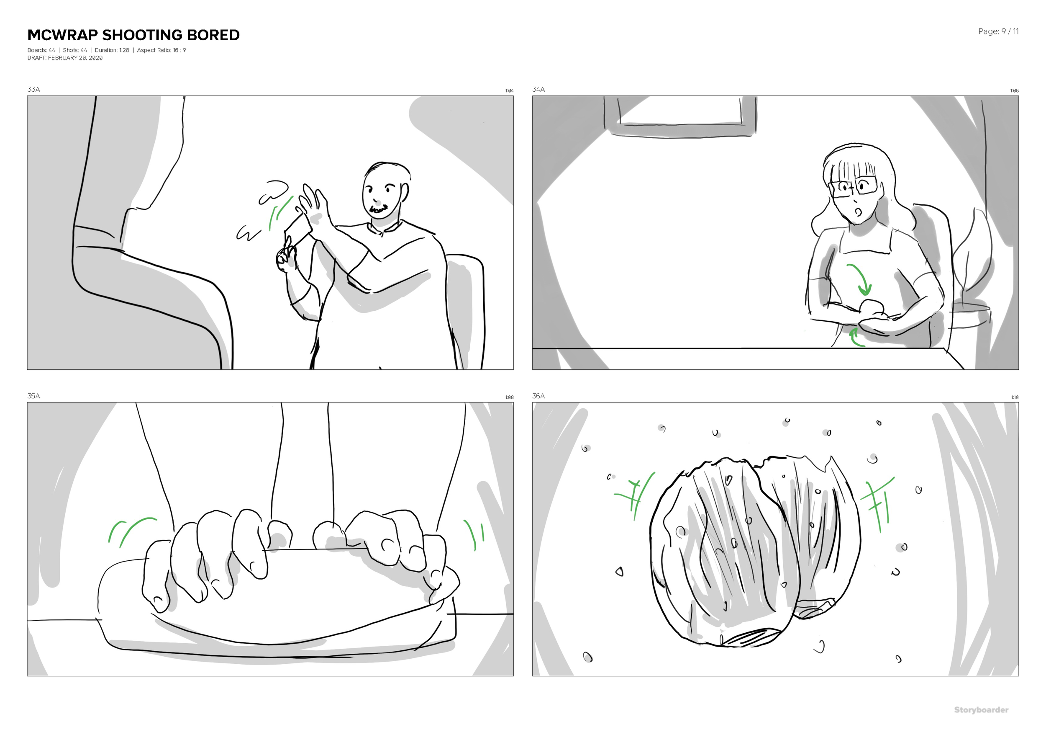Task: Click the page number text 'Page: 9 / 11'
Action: (x=998, y=31)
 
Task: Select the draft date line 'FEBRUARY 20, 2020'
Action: (x=75, y=58)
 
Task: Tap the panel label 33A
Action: (x=33, y=89)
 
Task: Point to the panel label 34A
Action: (x=538, y=89)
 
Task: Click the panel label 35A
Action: (x=33, y=396)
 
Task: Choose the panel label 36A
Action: (x=538, y=396)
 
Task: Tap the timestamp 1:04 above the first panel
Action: (x=509, y=91)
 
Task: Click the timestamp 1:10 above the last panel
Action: (x=1014, y=397)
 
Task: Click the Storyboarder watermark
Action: (x=981, y=710)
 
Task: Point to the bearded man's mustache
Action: (x=379, y=209)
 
